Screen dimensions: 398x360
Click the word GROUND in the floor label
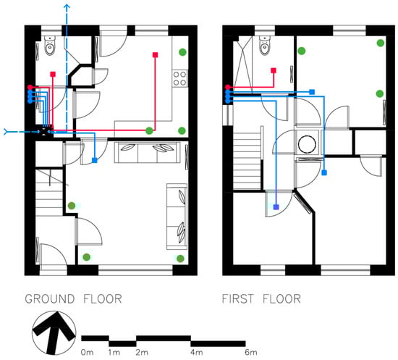[x=50, y=298]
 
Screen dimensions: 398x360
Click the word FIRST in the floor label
[x=238, y=298]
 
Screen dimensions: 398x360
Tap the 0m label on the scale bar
[x=88, y=352]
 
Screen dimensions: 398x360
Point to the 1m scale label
[x=114, y=352]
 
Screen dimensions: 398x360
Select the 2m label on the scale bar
[x=142, y=352]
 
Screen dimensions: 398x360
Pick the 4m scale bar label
[x=197, y=352]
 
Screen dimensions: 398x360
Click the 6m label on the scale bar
[x=251, y=352]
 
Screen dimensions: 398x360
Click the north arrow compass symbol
[x=54, y=332]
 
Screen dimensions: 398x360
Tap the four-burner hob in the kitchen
[x=180, y=78]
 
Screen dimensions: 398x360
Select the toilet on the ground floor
[x=50, y=46]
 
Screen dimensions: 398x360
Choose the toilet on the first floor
[x=265, y=46]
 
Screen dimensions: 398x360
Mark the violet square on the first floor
[x=276, y=207]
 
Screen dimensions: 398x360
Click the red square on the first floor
[x=274, y=70]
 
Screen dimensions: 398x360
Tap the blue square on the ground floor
[x=95, y=160]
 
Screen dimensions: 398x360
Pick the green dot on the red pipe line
[x=149, y=131]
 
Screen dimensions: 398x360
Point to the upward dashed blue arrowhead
[x=67, y=7]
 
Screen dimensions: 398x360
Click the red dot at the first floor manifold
[x=227, y=87]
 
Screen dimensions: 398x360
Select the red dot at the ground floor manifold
[x=30, y=87]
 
